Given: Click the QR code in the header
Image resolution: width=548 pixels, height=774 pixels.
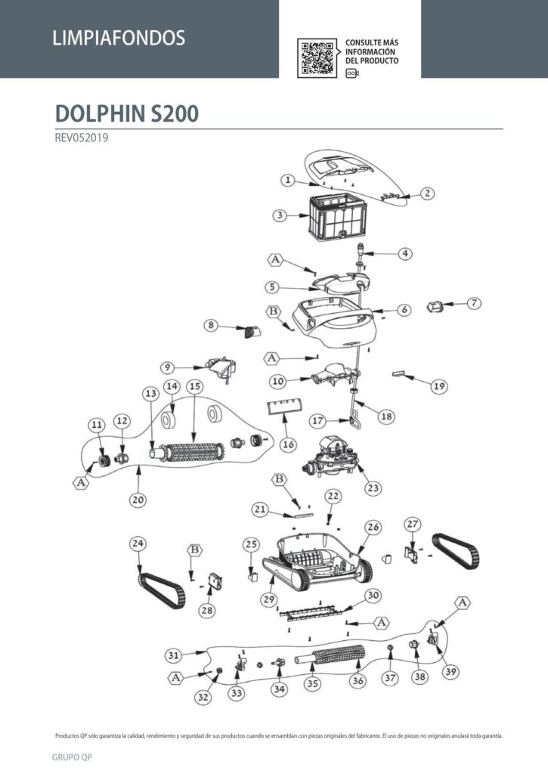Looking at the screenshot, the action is coord(317,58).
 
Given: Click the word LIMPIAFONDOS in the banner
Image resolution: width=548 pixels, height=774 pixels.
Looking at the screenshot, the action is coord(119,38).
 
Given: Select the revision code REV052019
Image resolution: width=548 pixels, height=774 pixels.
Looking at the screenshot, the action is coord(82,138).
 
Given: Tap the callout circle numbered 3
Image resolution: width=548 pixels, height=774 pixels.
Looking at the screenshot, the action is coord(280,215).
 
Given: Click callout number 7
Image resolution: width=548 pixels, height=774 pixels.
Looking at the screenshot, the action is coord(474,302).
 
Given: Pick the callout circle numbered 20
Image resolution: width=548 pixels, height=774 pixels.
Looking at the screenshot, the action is coord(138,500).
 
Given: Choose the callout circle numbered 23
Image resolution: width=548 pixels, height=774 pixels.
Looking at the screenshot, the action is coord(373,488).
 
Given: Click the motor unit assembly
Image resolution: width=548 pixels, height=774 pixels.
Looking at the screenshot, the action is coord(332,457).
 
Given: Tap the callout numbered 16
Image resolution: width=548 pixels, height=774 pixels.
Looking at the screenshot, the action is coord(288,444).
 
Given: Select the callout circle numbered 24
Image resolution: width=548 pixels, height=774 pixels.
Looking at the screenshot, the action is coord(138,543).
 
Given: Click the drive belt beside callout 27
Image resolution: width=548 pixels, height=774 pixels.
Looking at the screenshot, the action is coord(457,551).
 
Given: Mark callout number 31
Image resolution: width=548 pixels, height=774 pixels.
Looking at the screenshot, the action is coord(173,655).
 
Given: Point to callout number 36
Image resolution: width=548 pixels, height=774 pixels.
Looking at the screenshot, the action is coord(358,681).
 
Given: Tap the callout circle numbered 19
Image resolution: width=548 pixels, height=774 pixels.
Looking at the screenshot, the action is coord(439,386).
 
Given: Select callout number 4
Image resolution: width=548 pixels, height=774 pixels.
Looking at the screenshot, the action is coord(405,253).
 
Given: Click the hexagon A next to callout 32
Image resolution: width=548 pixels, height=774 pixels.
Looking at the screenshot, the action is coord(176,678).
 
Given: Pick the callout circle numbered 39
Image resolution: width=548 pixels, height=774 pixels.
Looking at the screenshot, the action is coord(450,671).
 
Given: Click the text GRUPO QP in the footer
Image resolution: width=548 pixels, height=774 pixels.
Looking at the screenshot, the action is coord(72,757).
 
